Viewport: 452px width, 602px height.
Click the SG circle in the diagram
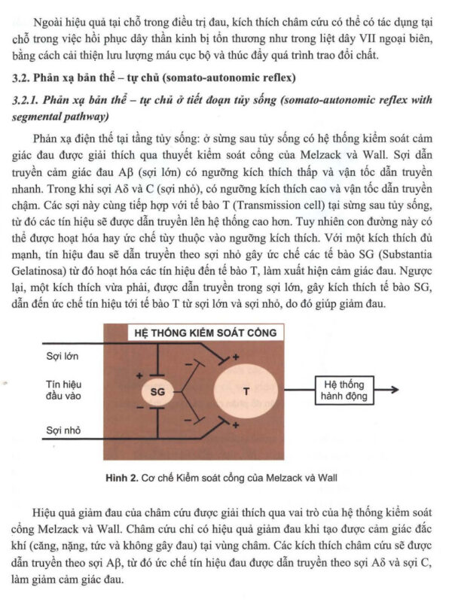pos(157,391)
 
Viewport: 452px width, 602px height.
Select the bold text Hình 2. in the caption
pos(121,476)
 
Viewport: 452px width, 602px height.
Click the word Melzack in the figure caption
pos(286,476)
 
